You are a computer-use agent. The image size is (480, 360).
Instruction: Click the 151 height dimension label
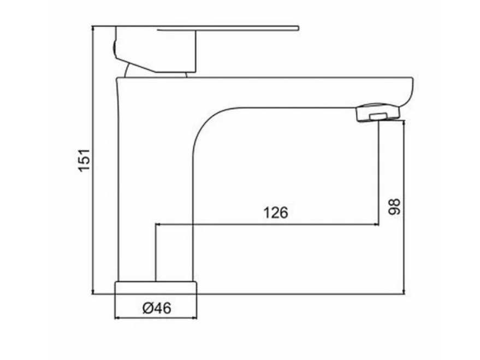click(x=84, y=161)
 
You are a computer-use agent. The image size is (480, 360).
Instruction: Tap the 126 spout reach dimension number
click(x=276, y=213)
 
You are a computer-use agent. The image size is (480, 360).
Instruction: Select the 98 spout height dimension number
click(x=394, y=207)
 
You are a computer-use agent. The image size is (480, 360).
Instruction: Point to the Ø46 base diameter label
click(x=157, y=308)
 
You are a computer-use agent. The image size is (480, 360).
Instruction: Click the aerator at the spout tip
click(x=378, y=113)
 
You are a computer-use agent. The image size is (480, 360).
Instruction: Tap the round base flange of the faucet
click(x=156, y=287)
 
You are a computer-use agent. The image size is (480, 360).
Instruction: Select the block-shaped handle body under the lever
click(x=156, y=50)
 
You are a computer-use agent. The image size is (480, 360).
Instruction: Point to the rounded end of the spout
click(x=408, y=92)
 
